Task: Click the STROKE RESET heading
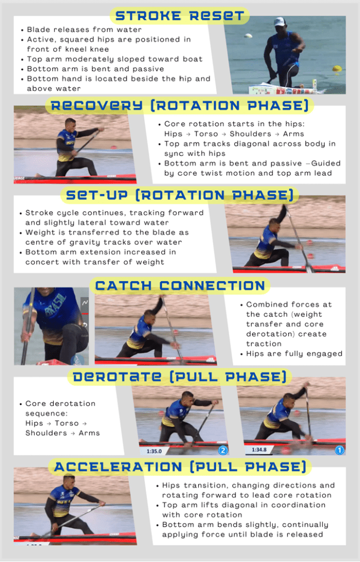(179, 16)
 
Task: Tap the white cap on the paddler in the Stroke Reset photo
(280, 22)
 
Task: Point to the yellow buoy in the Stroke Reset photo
(337, 69)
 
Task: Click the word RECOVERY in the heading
(97, 106)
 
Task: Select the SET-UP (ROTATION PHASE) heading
(179, 195)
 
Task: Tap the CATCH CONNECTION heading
(180, 285)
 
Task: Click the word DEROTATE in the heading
(117, 376)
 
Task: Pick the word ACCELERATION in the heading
(118, 467)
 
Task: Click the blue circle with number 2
(223, 450)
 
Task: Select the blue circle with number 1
(339, 450)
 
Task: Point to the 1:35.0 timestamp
(154, 451)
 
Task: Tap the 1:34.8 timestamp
(259, 449)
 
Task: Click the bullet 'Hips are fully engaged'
(291, 354)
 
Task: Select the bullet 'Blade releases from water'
(81, 30)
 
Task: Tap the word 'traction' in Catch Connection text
(263, 344)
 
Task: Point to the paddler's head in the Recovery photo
(70, 124)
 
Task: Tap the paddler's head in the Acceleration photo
(69, 481)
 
